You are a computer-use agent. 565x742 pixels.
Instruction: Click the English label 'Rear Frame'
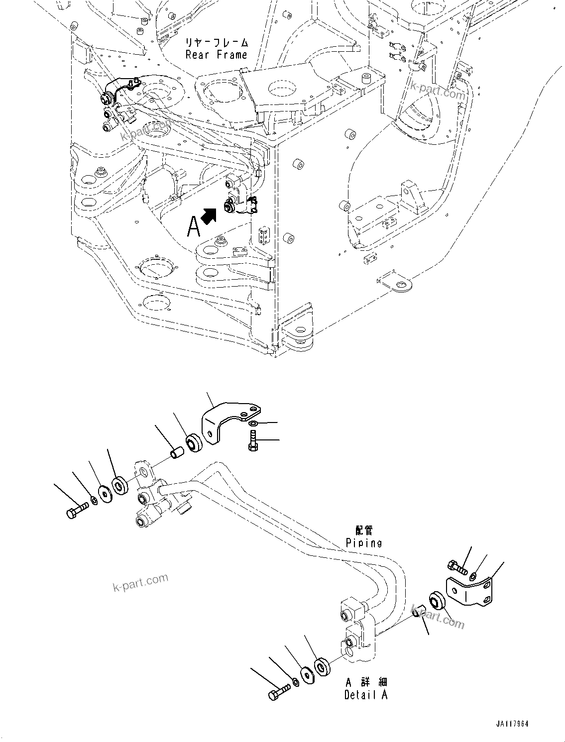[216, 55]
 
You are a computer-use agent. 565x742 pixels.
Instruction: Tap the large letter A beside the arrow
[194, 227]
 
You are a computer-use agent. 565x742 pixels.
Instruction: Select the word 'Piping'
[364, 542]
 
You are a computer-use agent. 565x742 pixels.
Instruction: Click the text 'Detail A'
[365, 694]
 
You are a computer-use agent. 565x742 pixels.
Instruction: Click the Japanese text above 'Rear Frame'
[216, 42]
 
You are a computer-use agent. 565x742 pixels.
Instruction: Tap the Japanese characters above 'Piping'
[364, 530]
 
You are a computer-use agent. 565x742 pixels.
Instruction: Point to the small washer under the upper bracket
[253, 423]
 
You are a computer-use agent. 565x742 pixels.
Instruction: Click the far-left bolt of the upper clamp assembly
[77, 510]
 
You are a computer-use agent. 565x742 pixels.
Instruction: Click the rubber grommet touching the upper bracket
[193, 443]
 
